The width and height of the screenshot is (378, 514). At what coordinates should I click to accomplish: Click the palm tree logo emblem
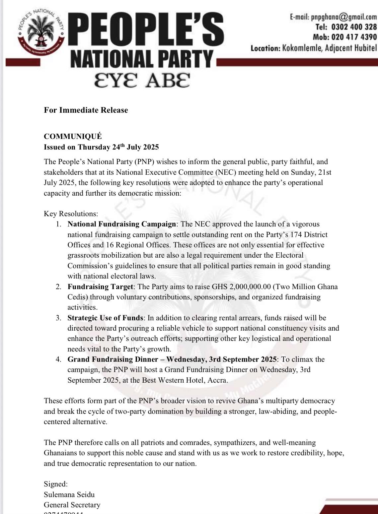(x=41, y=33)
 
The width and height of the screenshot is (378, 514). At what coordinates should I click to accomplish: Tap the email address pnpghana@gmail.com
(x=344, y=17)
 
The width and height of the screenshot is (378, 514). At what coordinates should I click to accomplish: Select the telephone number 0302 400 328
(x=354, y=27)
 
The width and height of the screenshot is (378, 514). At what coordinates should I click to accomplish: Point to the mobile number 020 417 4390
(x=354, y=37)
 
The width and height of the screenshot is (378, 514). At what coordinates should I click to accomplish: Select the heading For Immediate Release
(x=86, y=110)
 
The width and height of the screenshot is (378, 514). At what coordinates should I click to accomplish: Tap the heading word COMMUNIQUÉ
(x=73, y=137)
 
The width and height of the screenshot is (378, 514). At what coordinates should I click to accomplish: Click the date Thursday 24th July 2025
(x=118, y=147)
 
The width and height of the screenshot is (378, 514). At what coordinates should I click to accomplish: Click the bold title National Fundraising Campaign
(x=121, y=224)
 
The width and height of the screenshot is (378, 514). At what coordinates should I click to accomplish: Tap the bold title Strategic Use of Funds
(x=105, y=318)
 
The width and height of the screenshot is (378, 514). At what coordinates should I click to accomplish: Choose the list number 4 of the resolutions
(x=58, y=359)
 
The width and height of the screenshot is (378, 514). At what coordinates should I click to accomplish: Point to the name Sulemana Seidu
(x=69, y=494)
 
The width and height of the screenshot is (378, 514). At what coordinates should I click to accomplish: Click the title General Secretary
(x=72, y=505)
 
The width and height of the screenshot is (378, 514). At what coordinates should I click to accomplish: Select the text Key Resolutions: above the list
(x=71, y=214)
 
